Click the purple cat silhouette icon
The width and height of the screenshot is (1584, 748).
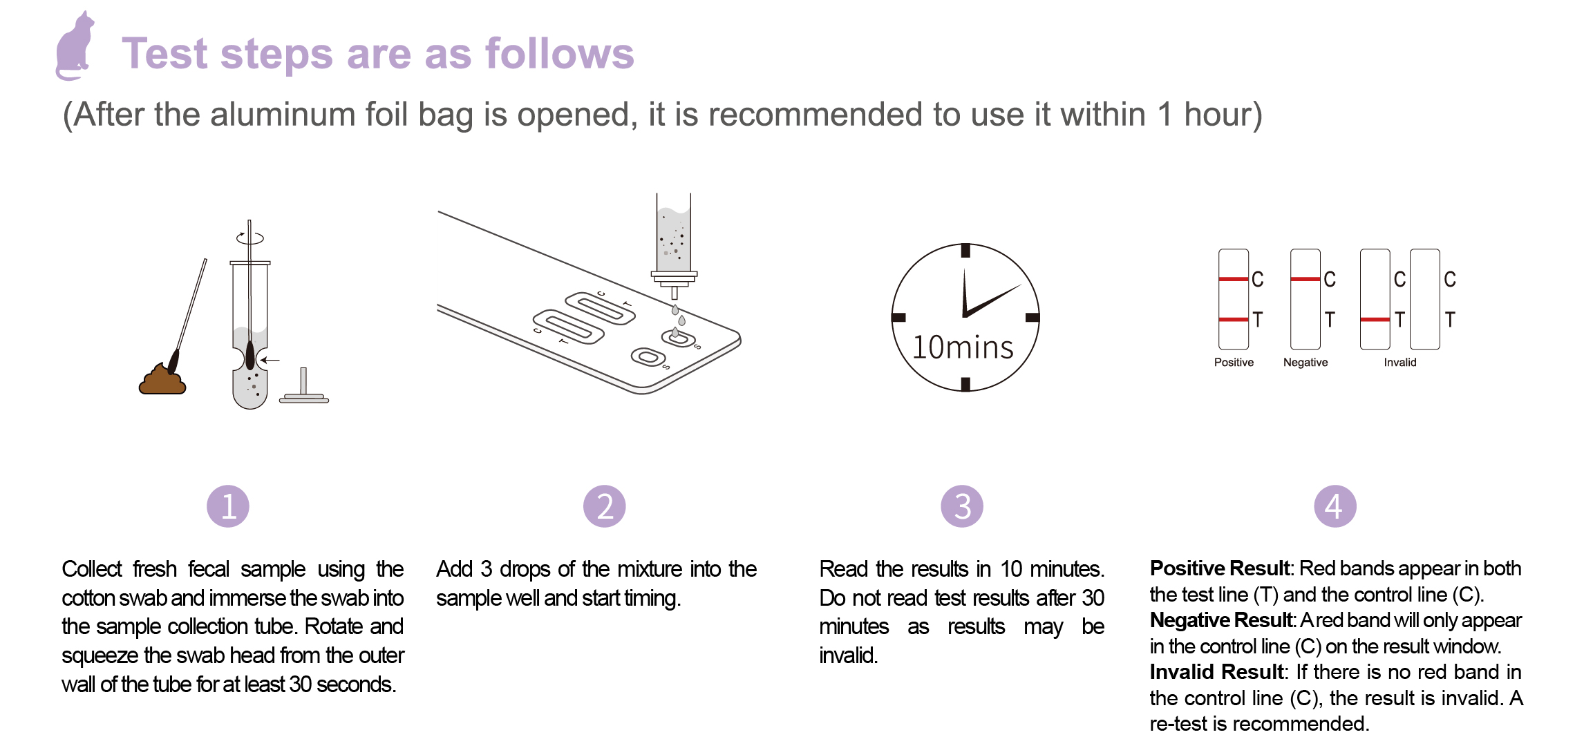[x=75, y=47]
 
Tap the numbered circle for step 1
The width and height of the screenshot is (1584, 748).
[x=228, y=506]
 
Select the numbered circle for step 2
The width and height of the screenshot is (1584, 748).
[x=605, y=506]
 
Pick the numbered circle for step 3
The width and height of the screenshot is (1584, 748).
[x=962, y=506]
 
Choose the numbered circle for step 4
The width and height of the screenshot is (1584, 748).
[x=1335, y=506]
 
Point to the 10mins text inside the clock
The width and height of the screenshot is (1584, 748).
[x=963, y=347]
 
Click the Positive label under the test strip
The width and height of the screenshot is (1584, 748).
[x=1234, y=363]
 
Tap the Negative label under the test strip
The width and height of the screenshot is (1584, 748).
[x=1305, y=363]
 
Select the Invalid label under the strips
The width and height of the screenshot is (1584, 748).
[x=1400, y=363]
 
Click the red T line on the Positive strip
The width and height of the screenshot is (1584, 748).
[x=1234, y=320]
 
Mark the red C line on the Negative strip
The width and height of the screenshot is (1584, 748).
[x=1305, y=279]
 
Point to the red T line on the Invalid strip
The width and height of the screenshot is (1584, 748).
[x=1375, y=320]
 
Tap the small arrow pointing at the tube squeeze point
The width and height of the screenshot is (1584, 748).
[x=270, y=360]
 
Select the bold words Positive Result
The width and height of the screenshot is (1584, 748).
[x=1220, y=568]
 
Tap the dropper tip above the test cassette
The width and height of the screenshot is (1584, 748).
[x=675, y=293]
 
